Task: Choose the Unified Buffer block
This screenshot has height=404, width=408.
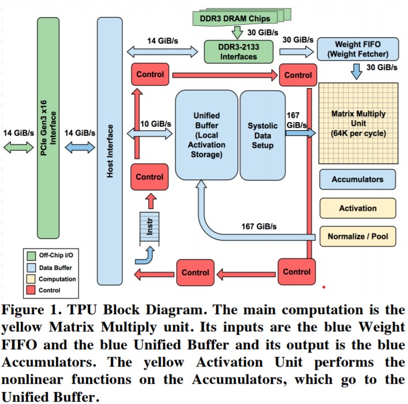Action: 206,135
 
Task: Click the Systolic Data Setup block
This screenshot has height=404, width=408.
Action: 262,135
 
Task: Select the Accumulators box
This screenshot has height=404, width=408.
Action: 357,179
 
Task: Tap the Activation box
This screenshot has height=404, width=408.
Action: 357,208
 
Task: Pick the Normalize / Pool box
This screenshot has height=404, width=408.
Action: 357,236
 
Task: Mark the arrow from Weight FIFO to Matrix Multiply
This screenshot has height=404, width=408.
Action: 357,71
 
